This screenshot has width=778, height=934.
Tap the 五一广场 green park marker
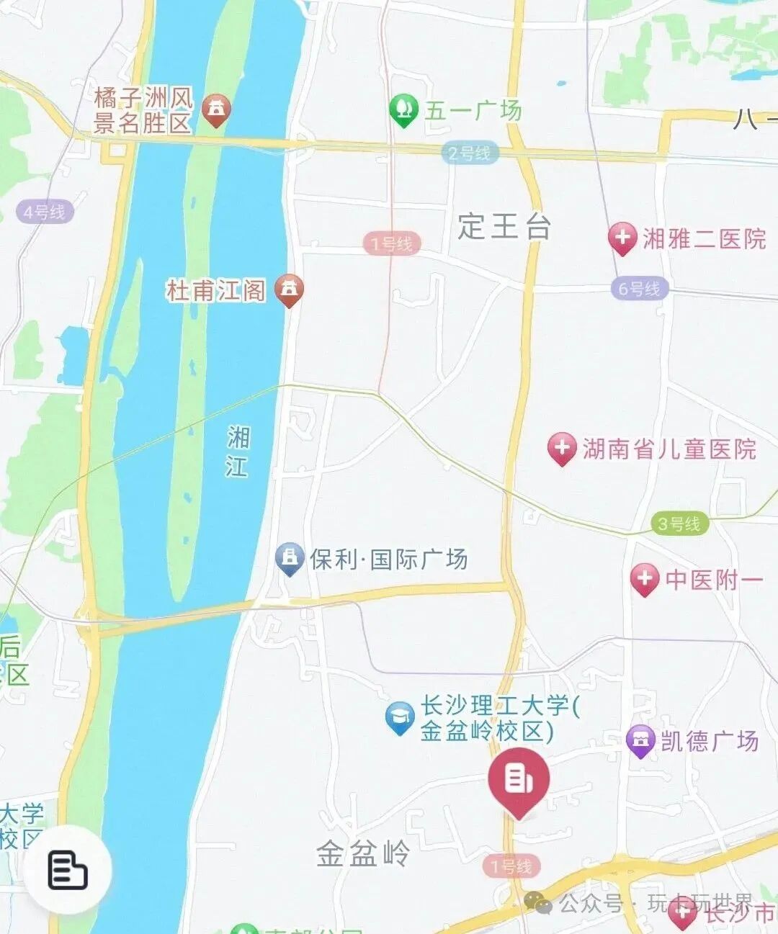coord(403,110)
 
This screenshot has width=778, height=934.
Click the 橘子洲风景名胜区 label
coord(143,110)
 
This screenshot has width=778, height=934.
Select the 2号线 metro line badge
coord(469,153)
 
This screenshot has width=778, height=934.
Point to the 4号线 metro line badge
coord(44,212)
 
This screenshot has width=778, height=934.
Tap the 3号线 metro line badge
coord(679,524)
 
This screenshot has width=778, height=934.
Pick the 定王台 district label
coord(504,226)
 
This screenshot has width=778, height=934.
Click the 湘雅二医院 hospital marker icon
coord(622,238)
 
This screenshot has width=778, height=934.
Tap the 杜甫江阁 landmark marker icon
coord(290,289)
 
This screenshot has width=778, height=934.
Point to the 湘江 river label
coord(237,452)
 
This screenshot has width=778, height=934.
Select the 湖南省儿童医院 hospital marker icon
coord(562,448)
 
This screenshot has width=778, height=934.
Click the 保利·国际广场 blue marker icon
coord(290,558)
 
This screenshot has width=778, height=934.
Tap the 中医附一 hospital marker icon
coord(644,579)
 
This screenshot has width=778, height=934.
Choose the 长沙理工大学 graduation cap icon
coord(399,717)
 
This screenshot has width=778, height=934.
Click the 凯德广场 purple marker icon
coord(640,740)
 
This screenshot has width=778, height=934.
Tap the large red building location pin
coord(519,780)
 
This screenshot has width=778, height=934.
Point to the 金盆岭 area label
coord(363,854)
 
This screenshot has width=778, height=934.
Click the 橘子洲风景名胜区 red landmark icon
coord(215,109)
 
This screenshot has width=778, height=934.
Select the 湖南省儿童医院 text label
coord(669,449)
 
